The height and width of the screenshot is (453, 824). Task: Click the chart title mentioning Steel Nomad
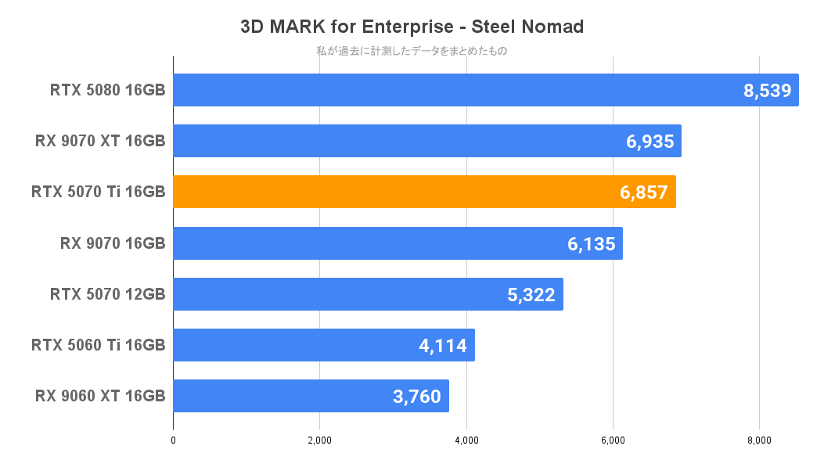coord(412,27)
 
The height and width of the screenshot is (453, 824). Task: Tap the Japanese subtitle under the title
coord(412,52)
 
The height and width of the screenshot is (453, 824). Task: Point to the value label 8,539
coord(768,91)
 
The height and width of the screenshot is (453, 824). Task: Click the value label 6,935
coord(650,142)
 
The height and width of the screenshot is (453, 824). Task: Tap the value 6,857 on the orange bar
coord(645,192)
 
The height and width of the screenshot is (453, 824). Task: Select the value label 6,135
coord(592,244)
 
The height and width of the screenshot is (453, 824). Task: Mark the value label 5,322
coord(532,295)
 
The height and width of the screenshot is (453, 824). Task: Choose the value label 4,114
coord(444,346)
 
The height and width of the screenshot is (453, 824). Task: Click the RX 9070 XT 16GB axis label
coord(99,141)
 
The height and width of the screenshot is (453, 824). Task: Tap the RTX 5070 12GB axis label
coord(107,294)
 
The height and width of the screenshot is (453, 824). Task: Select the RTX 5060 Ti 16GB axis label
coord(98,345)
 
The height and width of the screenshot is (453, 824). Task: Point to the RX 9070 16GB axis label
coord(112,243)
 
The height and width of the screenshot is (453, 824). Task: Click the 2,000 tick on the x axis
coord(319,440)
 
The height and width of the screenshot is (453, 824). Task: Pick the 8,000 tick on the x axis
coord(759,440)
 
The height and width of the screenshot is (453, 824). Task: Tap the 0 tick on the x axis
coord(173,440)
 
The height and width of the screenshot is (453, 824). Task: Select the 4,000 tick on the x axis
coord(466,440)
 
